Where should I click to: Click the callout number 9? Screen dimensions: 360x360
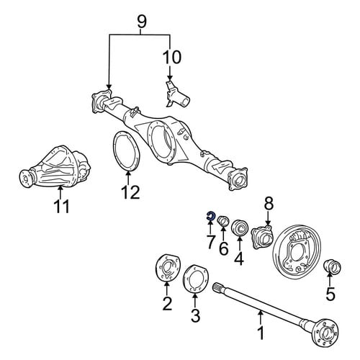[x=142, y=22]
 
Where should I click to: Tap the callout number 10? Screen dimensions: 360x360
[x=172, y=58]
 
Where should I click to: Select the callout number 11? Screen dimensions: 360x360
[x=62, y=207]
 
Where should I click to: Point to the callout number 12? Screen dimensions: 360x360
[x=130, y=192]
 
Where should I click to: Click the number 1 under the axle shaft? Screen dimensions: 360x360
[x=261, y=333]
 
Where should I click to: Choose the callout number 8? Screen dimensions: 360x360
[x=269, y=204]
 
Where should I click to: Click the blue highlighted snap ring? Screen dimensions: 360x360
[x=210, y=216]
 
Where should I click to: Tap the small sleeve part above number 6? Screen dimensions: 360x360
[x=223, y=221]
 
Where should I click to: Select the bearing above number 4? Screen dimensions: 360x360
[x=240, y=228]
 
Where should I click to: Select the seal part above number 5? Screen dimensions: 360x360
[x=333, y=266]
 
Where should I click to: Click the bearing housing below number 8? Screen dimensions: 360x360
[x=262, y=235]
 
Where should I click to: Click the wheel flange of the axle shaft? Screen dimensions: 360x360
[x=327, y=333]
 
